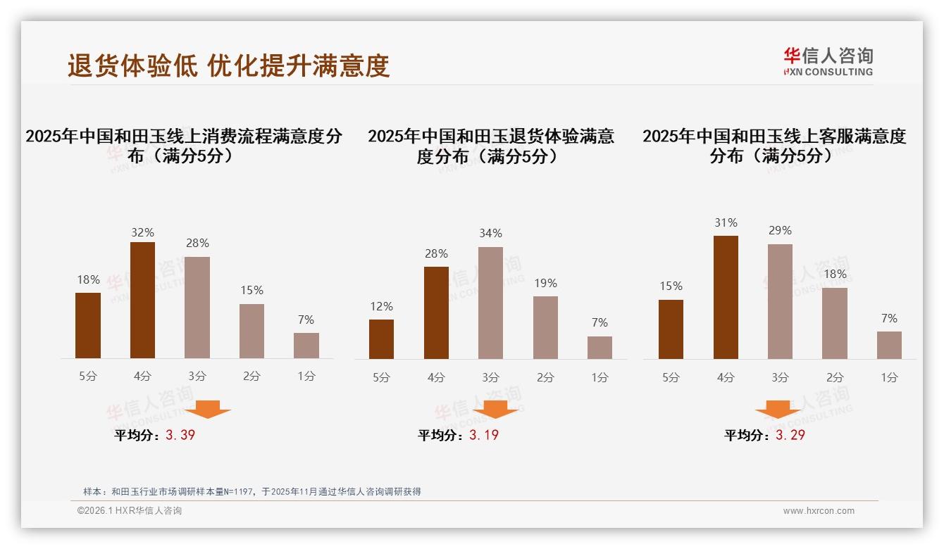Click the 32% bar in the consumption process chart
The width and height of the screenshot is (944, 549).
click(x=142, y=300)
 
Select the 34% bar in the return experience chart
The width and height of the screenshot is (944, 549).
click(x=490, y=303)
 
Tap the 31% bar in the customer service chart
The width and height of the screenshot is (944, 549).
click(x=726, y=297)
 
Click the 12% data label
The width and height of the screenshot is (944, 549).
click(x=381, y=307)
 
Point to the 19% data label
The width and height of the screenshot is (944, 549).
click(x=545, y=284)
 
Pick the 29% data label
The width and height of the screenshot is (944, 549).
click(x=780, y=231)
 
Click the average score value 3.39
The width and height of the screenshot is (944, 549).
click(x=180, y=435)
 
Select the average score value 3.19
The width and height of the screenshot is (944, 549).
click(x=484, y=435)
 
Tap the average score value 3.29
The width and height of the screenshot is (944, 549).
click(x=790, y=435)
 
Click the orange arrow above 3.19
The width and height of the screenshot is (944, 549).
click(x=495, y=410)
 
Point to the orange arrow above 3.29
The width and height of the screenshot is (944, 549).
click(x=778, y=410)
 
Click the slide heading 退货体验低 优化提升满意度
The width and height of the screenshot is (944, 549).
click(x=228, y=66)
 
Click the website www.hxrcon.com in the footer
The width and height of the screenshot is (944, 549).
click(x=819, y=511)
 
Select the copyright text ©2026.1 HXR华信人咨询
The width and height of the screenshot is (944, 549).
click(x=130, y=511)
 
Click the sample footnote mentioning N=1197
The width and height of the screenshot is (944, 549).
click(x=251, y=491)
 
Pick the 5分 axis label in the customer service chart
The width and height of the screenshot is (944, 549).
click(x=671, y=377)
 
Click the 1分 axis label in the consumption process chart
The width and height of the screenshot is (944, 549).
click(x=306, y=376)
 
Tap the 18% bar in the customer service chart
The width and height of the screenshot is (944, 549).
click(x=834, y=323)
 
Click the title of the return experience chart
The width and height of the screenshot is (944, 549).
click(x=490, y=146)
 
